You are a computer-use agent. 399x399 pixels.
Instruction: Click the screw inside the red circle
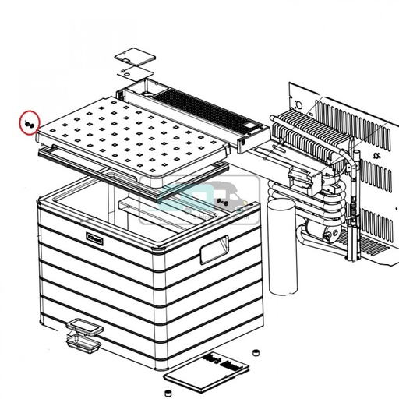(x=30, y=124)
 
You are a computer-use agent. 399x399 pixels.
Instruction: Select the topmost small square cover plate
(x=130, y=59)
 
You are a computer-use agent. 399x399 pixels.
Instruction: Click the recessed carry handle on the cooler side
(x=213, y=252)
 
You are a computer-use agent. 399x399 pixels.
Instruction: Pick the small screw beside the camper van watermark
(x=221, y=202)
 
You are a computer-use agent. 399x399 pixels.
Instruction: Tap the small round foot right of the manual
(x=254, y=355)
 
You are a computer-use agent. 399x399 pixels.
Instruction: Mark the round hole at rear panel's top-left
(x=297, y=101)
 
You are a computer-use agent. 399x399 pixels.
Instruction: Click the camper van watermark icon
(x=198, y=199)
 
